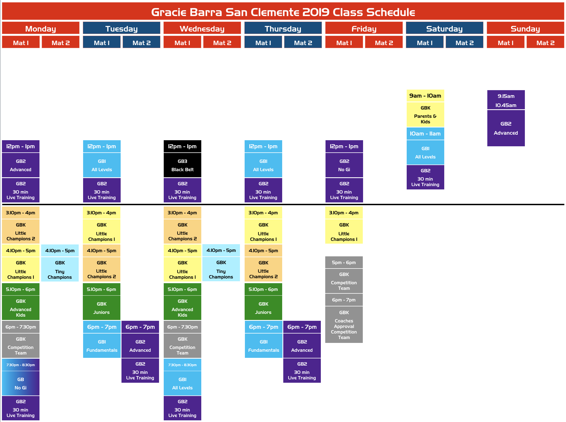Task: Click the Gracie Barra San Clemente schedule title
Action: [x=283, y=12]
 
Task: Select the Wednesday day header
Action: [x=202, y=28]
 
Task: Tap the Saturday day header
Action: [x=445, y=28]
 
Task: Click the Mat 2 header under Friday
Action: [x=384, y=42]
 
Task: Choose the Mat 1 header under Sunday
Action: [x=506, y=42]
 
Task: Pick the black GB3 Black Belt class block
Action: [x=183, y=165]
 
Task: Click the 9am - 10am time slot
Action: [x=425, y=96]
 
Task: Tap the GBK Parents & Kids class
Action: [x=425, y=114]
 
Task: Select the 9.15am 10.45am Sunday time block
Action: [x=506, y=100]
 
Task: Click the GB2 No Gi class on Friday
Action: [x=344, y=165]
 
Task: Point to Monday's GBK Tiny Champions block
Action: [x=60, y=269]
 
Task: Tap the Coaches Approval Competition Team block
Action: [x=344, y=325]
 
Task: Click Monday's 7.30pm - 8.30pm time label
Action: [x=21, y=365]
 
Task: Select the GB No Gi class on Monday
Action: [x=21, y=383]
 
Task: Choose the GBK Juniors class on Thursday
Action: [x=263, y=308]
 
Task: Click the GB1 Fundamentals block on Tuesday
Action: [x=102, y=346]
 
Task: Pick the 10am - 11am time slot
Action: [x=425, y=134]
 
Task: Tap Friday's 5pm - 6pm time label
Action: [x=344, y=262]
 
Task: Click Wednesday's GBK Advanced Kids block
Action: [x=183, y=308]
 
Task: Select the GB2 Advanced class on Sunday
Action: [x=506, y=128]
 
